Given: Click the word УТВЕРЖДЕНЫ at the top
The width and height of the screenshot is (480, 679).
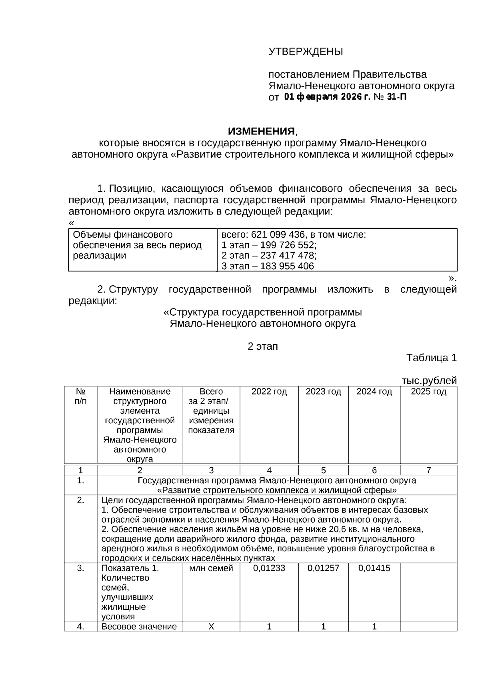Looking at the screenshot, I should pos(306,52).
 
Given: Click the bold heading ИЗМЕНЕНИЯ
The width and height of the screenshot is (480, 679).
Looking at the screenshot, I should pos(261,131).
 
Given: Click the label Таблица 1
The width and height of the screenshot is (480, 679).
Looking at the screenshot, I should pos(431,357).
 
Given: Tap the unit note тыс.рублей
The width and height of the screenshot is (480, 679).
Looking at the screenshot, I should pos(429,380).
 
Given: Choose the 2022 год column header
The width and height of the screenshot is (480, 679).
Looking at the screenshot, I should pos(269,391).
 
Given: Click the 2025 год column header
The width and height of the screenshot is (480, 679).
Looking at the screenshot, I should pos(428,391).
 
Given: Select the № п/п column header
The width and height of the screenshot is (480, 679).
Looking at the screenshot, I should pos(80,396).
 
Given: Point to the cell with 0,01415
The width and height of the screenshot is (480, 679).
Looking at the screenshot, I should pos(374,568).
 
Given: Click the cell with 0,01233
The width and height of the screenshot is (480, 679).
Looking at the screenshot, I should pos(269,568).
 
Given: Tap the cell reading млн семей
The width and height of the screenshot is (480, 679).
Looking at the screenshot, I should pos(211,568).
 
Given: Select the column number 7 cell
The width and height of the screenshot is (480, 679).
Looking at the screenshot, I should pos(428,470).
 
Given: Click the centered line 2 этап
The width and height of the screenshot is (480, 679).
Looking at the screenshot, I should pos(262,346).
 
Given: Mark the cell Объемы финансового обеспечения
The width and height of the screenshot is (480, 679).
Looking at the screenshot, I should pos(137,245).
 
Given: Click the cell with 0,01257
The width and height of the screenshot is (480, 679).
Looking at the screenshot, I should pos(323,568).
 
